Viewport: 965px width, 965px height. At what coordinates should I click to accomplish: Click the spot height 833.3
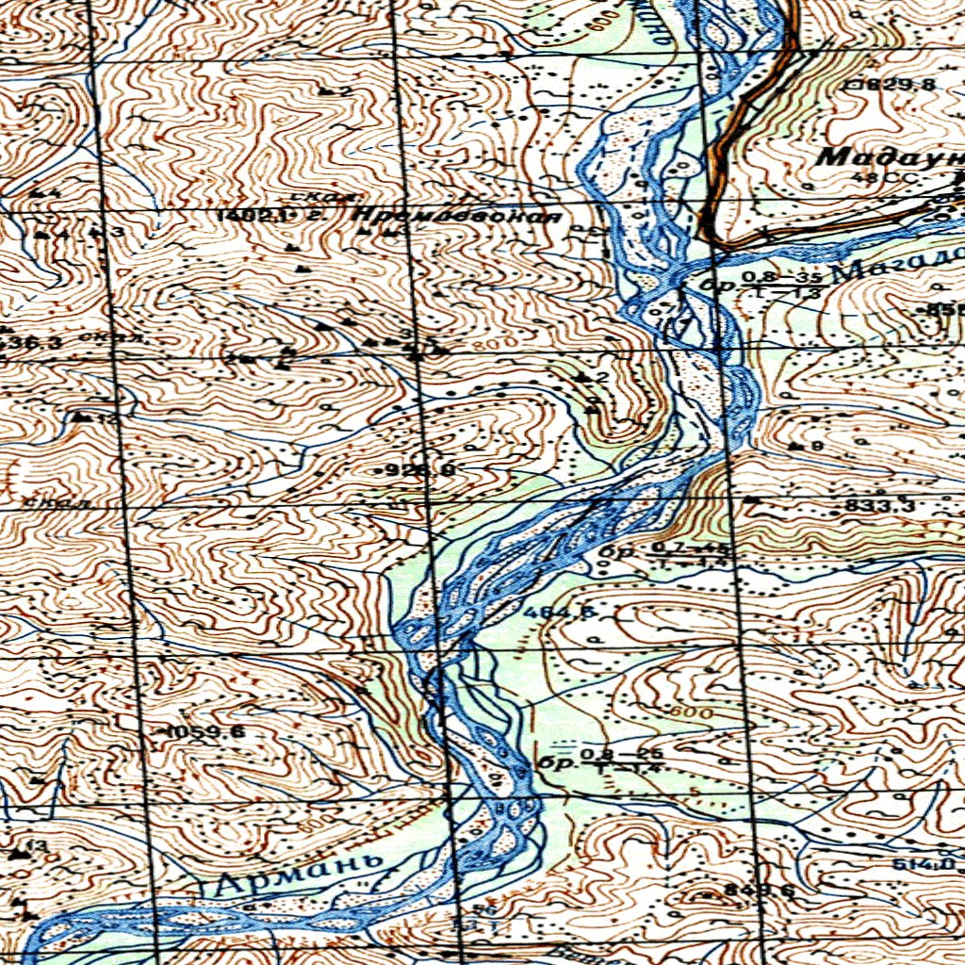tap(878, 506)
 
